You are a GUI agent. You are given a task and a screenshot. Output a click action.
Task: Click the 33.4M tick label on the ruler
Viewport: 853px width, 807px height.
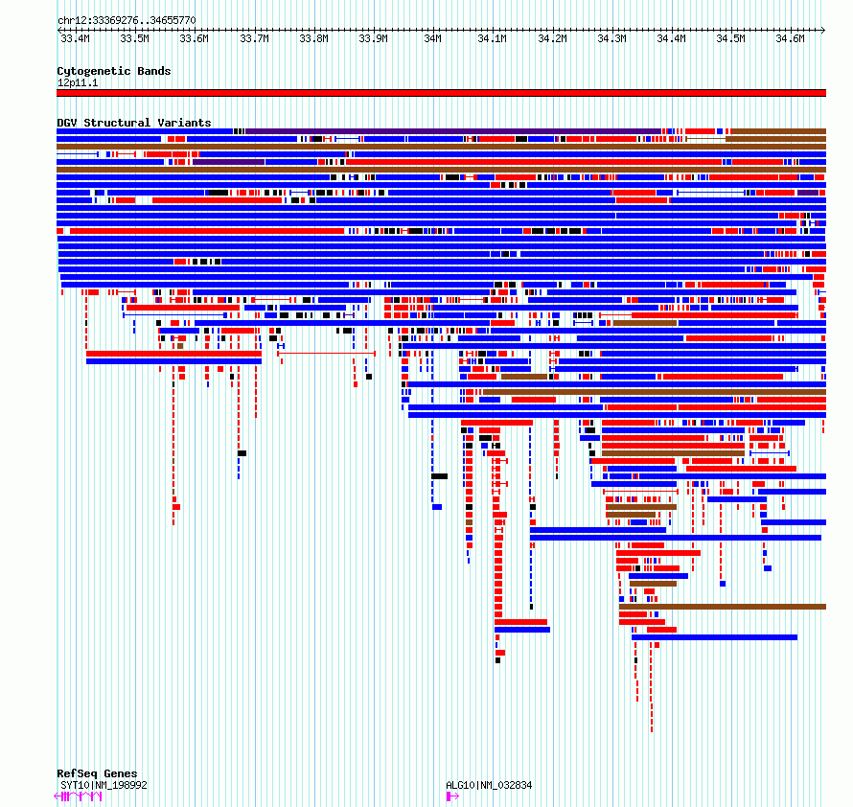pos(75,38)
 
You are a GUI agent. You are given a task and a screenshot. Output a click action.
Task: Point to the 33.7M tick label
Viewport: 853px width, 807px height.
pos(254,38)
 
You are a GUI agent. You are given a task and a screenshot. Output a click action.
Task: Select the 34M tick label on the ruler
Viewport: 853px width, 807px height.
pos(432,38)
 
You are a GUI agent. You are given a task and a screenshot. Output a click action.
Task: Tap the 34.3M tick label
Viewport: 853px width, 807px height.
pos(611,38)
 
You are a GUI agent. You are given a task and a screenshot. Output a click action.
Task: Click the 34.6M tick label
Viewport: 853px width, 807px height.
pos(790,38)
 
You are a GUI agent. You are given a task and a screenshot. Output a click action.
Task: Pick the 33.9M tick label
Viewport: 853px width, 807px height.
pos(373,38)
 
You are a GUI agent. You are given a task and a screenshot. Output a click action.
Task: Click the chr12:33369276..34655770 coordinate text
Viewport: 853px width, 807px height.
pos(127,21)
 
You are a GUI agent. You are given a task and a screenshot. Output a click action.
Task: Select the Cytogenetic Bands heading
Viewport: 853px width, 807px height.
pos(114,71)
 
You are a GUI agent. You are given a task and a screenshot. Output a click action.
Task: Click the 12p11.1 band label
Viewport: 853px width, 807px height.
pos(78,82)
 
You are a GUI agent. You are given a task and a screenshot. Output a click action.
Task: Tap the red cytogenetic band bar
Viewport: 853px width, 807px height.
pos(441,93)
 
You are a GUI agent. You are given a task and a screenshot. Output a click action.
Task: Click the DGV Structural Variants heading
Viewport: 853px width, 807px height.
pos(134,123)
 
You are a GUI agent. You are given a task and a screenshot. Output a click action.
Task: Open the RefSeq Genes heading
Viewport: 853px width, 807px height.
pos(97,773)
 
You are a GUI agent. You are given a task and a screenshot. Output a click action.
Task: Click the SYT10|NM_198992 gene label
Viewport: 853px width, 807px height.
pos(104,785)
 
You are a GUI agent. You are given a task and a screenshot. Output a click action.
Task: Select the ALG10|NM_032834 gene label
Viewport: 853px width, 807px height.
pos(489,785)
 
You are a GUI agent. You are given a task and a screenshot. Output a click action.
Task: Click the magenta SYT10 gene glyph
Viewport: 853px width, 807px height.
pos(79,796)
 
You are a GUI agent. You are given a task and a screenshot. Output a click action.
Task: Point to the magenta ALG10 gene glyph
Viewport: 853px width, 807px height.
pos(452,796)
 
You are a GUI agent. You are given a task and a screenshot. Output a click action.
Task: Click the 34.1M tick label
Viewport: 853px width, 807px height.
pos(493,38)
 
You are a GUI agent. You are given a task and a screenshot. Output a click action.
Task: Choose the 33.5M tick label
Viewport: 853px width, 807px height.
pos(134,38)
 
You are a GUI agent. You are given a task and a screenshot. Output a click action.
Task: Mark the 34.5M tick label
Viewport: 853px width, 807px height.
pos(730,38)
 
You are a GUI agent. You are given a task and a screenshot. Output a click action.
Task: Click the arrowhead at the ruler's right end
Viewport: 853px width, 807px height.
pos(823,30)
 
